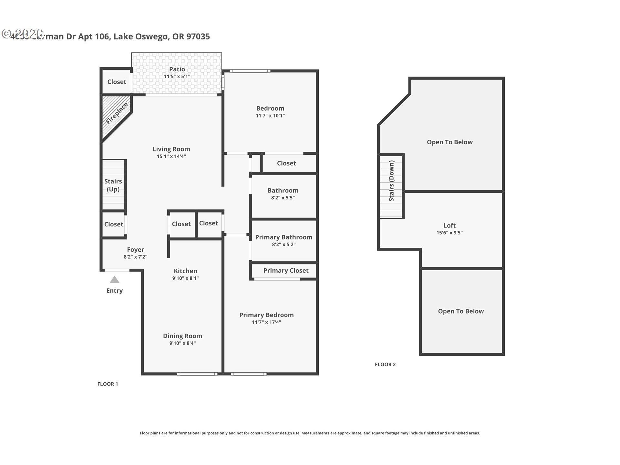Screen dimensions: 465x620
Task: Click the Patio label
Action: pos(177,69)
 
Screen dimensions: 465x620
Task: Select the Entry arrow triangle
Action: pos(114,280)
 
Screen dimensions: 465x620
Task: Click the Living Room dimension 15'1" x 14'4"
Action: pos(171,156)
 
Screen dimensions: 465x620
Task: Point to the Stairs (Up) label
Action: pos(113,185)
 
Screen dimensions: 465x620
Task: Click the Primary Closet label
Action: pos(286,271)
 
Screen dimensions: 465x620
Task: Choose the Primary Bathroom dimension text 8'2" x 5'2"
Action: pos(284,244)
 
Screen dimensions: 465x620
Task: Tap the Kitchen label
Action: pos(185,271)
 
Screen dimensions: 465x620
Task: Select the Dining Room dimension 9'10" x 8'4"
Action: pos(182,343)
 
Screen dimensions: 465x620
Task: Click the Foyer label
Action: pos(135,250)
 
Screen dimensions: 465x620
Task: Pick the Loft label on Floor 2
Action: pos(449,225)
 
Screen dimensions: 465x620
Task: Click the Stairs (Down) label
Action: pos(391,181)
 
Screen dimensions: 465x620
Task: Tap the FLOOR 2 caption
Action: pos(385,364)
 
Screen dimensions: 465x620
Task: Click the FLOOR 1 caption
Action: pos(108,384)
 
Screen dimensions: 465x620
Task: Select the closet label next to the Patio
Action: pos(117,82)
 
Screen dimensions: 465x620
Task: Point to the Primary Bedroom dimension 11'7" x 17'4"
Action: pos(266,322)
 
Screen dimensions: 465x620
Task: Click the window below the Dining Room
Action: pos(197,374)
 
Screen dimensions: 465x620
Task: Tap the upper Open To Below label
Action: pos(449,142)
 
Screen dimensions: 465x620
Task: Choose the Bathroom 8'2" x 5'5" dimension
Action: pos(283,198)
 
